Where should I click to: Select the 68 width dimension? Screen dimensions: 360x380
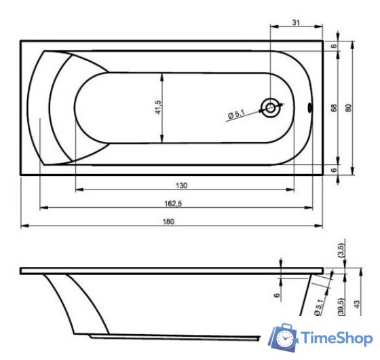pos(334,107)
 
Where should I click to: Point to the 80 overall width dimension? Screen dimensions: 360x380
pos(348,107)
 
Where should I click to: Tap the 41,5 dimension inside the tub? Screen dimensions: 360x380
pos(157,107)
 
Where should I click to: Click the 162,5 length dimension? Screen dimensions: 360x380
pos(172,203)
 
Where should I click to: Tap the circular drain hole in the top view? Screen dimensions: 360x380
pos(271,107)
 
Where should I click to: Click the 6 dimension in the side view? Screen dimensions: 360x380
pos(277,295)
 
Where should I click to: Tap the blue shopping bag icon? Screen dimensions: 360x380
pos(286,338)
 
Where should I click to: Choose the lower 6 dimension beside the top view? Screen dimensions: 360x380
pos(334,170)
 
